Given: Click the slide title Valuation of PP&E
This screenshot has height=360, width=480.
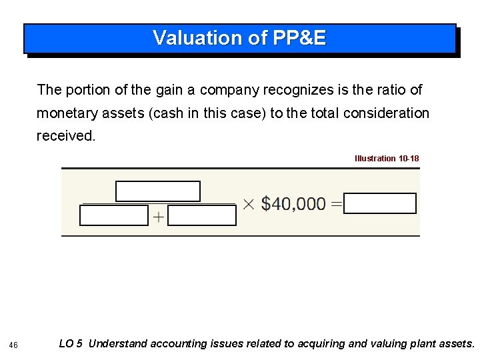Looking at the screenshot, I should pos(239,38).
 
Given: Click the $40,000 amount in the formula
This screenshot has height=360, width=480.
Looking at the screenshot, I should pos(293,204).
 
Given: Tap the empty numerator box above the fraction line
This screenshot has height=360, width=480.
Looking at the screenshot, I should pos(158,191).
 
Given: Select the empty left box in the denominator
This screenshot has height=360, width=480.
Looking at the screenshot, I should pos(114,215).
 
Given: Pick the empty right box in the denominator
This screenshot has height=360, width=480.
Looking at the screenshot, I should pos(202,215).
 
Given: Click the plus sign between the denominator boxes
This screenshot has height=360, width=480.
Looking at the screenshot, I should pos(158,217).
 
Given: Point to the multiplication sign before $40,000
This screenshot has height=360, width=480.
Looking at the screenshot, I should pos(247,204).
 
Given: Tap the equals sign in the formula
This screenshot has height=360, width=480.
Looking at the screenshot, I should pos(336,204).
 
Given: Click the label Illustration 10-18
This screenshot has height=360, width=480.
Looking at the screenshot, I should pos(387,159).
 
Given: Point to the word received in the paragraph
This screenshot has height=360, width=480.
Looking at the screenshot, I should pos(66,136).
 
